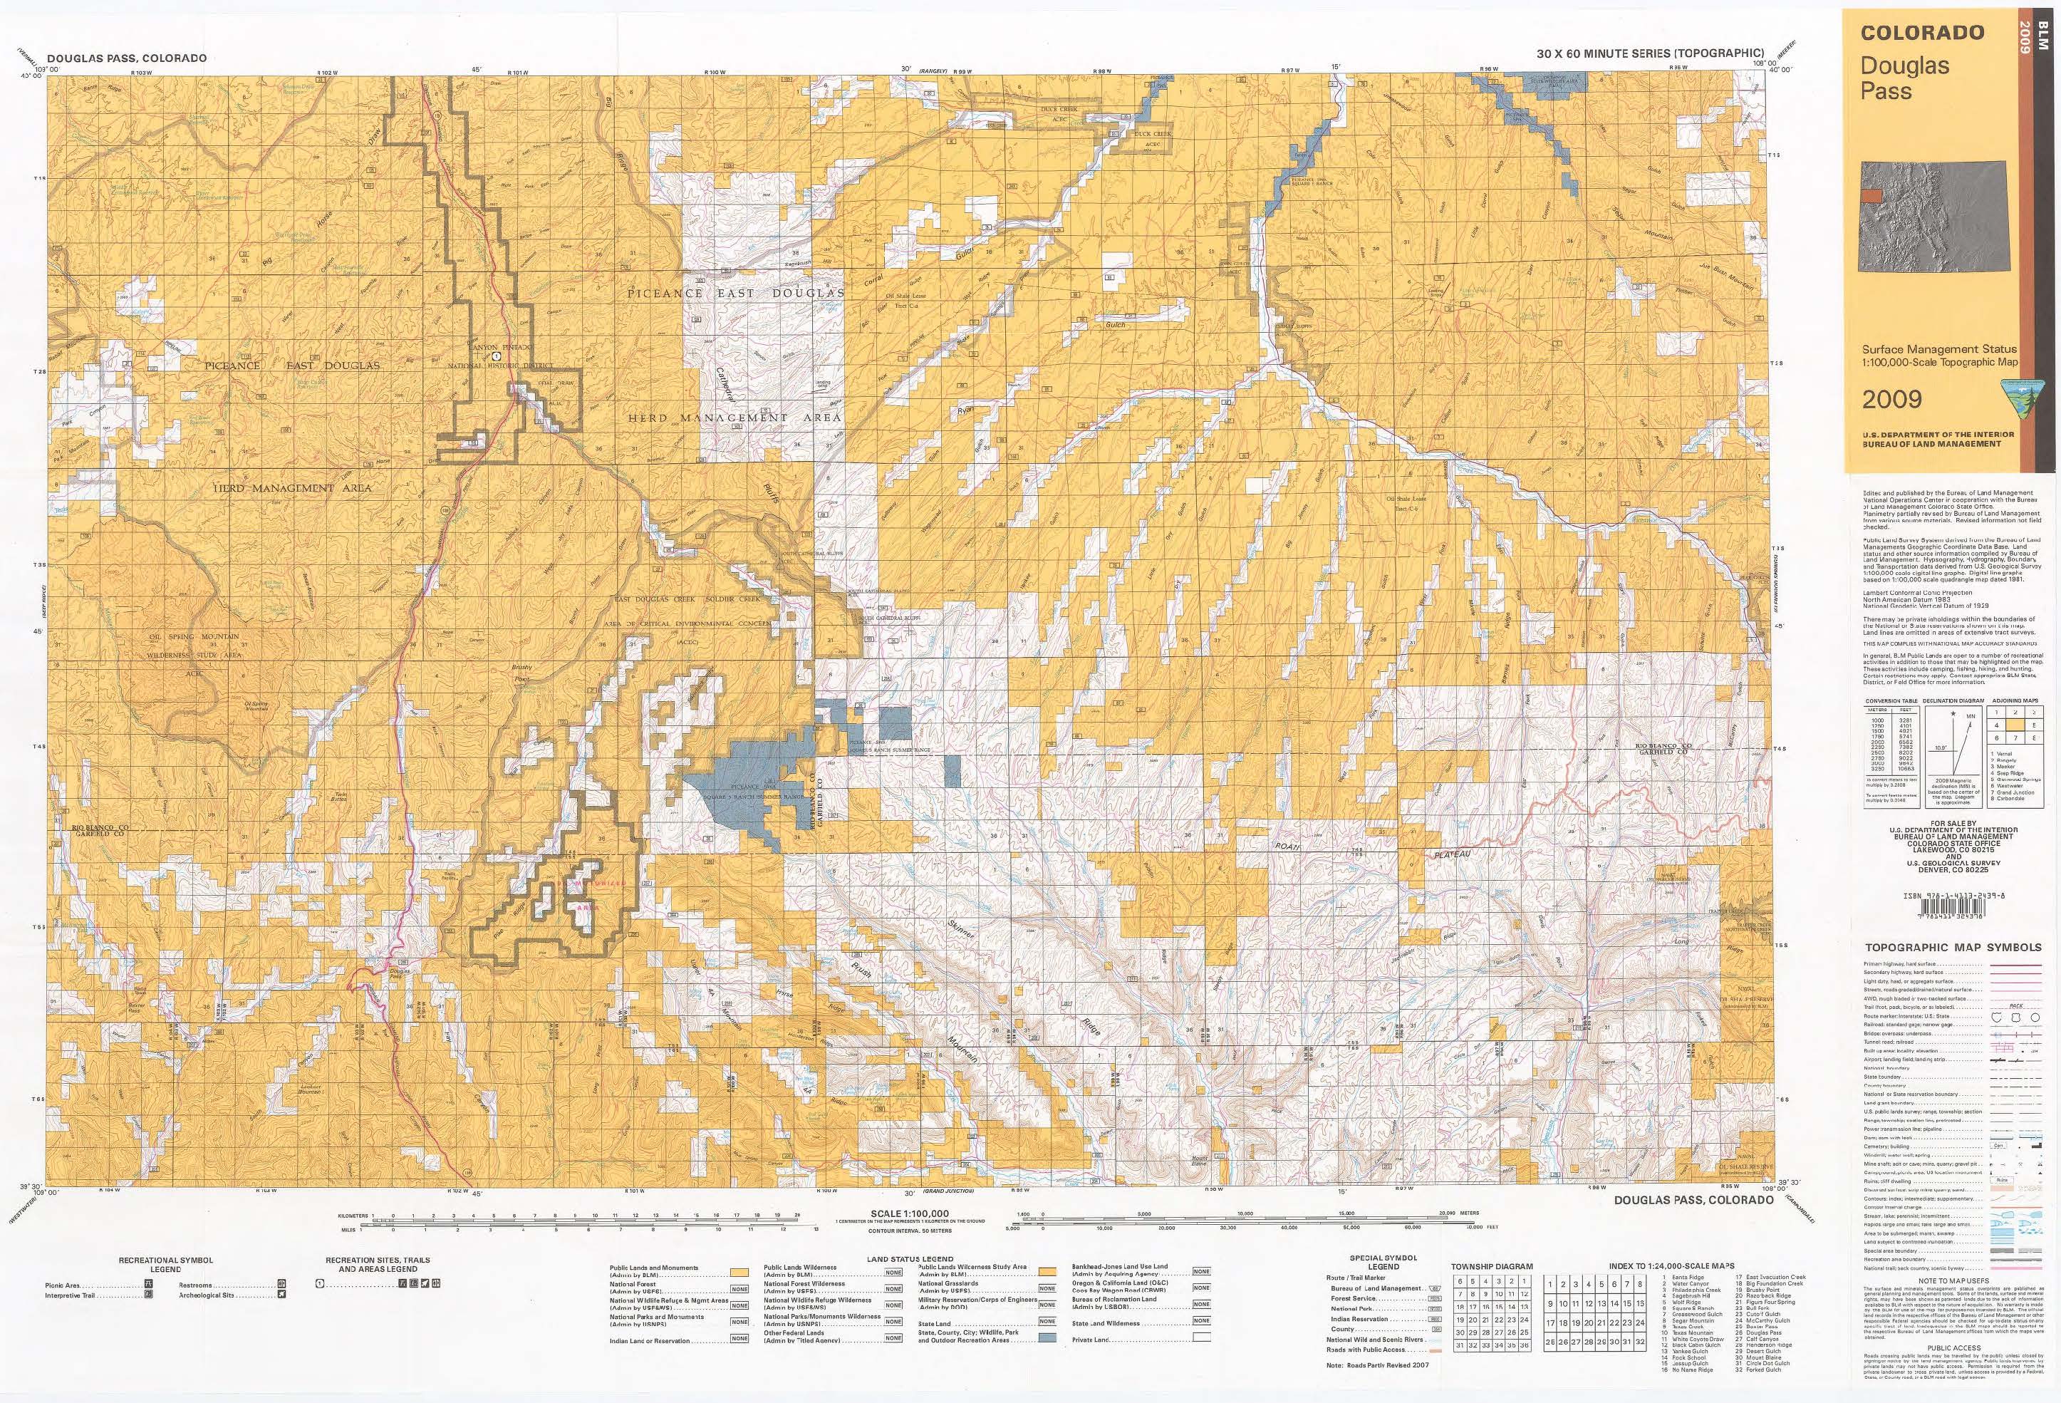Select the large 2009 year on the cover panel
point(1891,399)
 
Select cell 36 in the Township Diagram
point(1525,1345)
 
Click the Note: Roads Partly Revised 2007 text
point(1390,1364)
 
